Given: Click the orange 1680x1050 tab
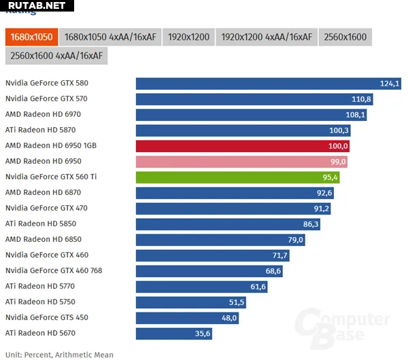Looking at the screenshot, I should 31,37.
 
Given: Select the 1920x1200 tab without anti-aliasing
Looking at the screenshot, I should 188,37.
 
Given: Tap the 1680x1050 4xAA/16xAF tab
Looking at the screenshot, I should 110,37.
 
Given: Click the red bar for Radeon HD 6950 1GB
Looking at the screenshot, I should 243,146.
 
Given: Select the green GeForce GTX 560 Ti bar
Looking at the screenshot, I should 238,177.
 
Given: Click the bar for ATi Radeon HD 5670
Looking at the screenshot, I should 175,334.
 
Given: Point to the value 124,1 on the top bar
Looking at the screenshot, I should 390,84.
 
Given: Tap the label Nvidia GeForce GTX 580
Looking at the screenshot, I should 47,84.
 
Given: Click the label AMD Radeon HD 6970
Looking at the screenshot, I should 43,115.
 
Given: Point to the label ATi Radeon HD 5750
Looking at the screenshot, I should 40,302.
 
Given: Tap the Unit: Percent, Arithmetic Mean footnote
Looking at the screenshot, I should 59,355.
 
